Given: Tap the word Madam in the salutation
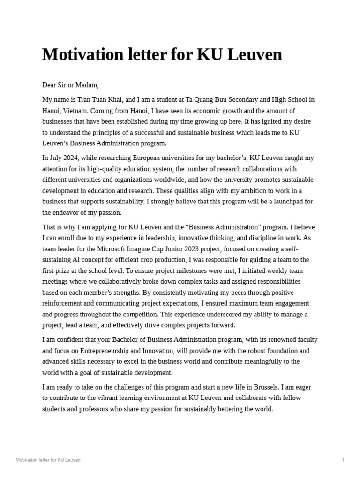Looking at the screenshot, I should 86,85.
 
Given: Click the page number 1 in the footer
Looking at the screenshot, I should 343,460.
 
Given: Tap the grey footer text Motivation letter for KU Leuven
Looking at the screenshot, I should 48,460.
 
